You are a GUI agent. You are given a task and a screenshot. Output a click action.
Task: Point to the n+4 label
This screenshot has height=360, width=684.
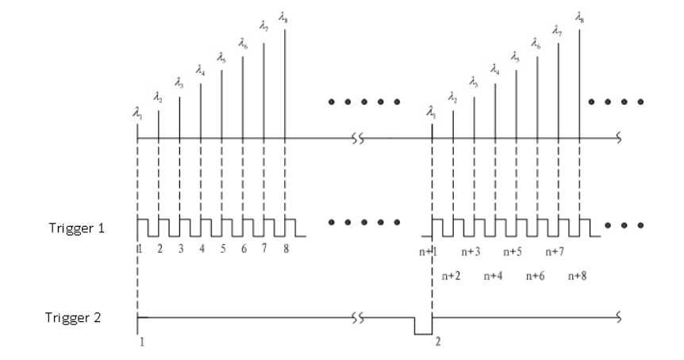point(493,276)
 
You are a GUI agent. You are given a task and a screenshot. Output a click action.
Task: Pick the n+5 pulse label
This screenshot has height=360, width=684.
point(515,251)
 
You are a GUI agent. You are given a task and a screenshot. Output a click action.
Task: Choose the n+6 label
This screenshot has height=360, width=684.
point(536,276)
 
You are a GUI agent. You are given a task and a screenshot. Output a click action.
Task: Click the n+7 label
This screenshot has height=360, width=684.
point(558,251)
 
